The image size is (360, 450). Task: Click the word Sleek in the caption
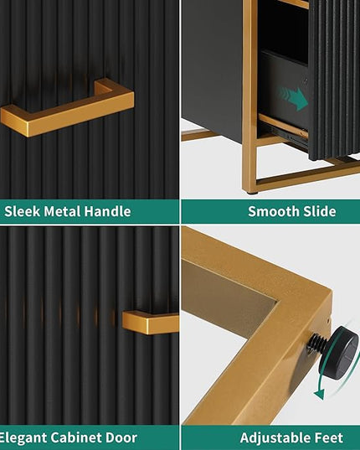22,211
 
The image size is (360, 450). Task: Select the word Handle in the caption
107,211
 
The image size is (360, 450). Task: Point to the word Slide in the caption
315,211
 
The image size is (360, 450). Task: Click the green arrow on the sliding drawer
293,98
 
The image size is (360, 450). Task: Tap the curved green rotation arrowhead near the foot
319,394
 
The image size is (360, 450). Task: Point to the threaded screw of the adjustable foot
317,343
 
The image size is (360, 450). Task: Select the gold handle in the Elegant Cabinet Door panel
151,322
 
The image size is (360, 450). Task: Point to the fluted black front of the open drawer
335,80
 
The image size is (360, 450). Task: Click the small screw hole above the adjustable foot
327,318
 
